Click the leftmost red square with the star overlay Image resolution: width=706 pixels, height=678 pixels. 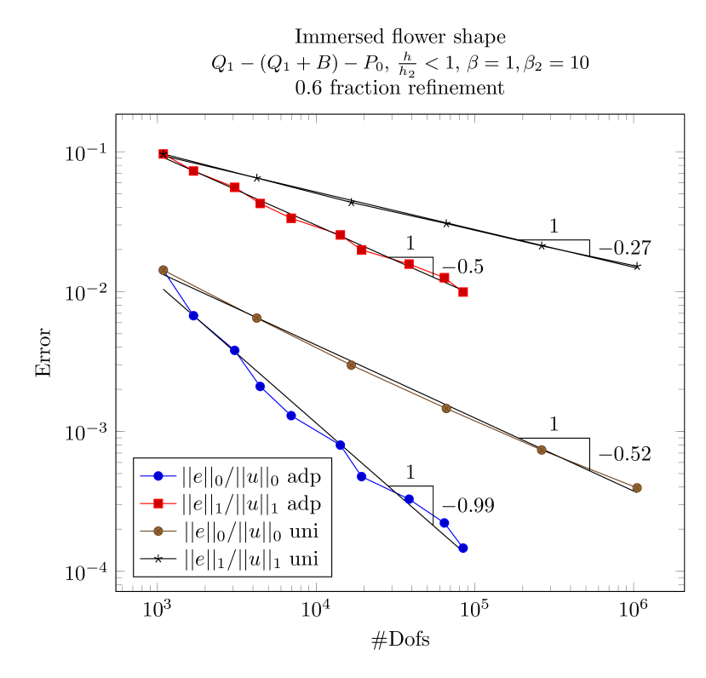[x=164, y=154]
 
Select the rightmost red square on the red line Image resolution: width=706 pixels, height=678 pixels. [x=463, y=292]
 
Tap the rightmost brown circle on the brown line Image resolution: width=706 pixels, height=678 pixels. [x=637, y=487]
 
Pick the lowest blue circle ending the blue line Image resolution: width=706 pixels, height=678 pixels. [x=463, y=548]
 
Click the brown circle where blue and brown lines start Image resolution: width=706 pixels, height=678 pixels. [x=164, y=270]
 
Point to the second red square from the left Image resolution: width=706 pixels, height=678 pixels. [x=193, y=171]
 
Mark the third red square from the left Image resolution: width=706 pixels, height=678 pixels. [x=235, y=187]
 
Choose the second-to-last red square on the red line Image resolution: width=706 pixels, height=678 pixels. [x=445, y=278]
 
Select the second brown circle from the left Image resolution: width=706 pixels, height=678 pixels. [x=257, y=318]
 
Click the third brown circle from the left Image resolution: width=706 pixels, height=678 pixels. [x=351, y=365]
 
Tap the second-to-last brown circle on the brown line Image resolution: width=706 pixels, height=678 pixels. [x=542, y=450]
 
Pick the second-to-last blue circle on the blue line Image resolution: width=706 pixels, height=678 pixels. [x=445, y=522]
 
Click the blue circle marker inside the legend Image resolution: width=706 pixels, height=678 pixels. [x=158, y=475]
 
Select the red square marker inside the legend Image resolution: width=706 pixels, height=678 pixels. [x=158, y=503]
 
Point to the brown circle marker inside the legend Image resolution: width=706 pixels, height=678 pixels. [x=158, y=531]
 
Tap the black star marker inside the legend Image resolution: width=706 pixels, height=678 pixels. [x=158, y=559]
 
